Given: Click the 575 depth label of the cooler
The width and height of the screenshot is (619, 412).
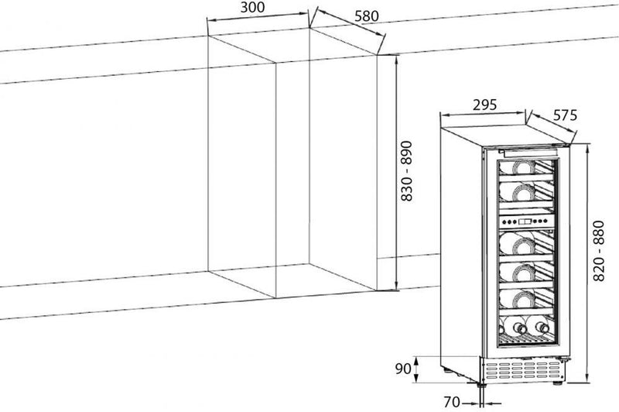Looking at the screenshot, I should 565,115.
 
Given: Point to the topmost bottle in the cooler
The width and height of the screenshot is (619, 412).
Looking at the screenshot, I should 520,167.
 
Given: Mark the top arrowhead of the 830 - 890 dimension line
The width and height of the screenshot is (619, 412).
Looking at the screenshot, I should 395,57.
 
